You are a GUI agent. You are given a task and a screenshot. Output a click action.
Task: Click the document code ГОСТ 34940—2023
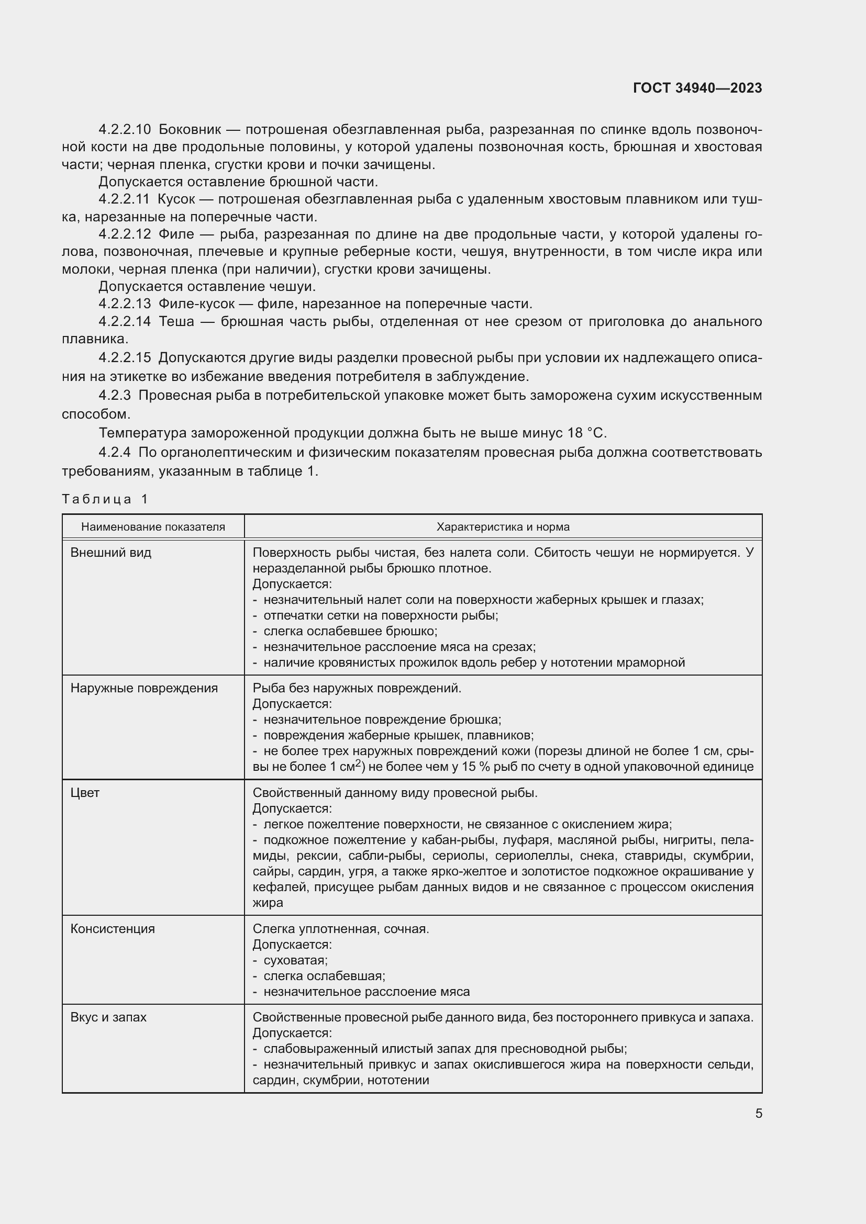click(x=697, y=88)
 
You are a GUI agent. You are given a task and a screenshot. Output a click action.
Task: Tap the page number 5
click(x=758, y=1113)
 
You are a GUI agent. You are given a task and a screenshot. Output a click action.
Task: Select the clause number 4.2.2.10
click(x=125, y=130)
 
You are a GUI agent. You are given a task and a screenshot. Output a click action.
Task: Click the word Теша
click(x=176, y=321)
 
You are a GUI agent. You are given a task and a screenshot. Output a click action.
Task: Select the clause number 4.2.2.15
click(x=125, y=358)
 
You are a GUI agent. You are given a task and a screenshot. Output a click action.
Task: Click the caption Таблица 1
click(x=105, y=499)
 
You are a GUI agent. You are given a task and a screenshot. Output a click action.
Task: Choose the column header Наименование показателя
click(x=153, y=527)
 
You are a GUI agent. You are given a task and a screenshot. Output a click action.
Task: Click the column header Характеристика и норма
click(x=503, y=527)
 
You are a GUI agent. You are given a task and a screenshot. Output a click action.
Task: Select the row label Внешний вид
click(x=111, y=552)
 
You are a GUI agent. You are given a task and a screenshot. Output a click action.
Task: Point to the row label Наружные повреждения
click(x=144, y=688)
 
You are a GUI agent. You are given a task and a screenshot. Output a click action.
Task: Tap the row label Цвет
click(x=85, y=793)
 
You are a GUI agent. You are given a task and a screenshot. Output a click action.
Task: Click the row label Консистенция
click(x=113, y=929)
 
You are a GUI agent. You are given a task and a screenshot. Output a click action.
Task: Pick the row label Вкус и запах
click(x=108, y=1017)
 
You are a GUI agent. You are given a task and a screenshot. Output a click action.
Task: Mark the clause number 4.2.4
click(x=115, y=453)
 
